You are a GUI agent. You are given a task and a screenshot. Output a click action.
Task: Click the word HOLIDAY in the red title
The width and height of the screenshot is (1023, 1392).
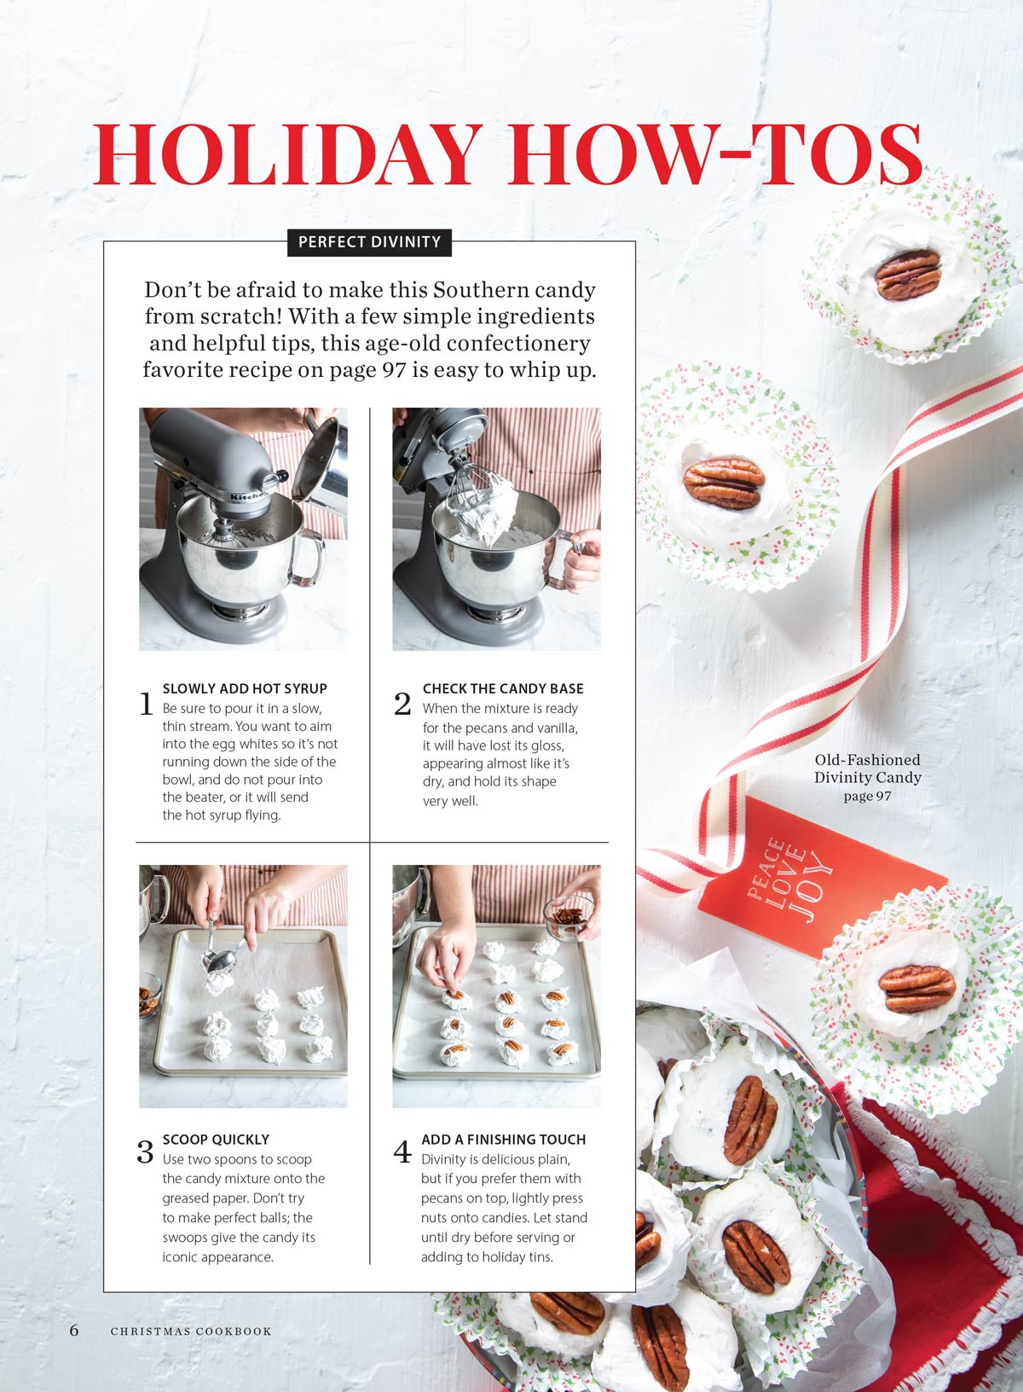pyautogui.click(x=287, y=154)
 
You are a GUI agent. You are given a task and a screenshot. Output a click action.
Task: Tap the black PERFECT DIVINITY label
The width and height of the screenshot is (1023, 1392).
pyautogui.click(x=369, y=242)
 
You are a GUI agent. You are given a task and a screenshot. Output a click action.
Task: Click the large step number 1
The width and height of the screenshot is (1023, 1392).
pyautogui.click(x=147, y=704)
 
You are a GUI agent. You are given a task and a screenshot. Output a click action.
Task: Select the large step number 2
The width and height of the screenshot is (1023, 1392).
pyautogui.click(x=402, y=704)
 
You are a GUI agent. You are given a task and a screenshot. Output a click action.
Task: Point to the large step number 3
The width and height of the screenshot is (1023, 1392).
pyautogui.click(x=145, y=1151)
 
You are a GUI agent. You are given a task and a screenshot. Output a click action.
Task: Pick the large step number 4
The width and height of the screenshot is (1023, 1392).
pyautogui.click(x=402, y=1151)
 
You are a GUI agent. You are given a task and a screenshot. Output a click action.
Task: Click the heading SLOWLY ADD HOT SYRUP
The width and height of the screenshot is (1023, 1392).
pyautogui.click(x=245, y=688)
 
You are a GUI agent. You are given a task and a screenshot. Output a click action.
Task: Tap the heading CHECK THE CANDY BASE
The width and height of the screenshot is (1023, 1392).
pyautogui.click(x=503, y=688)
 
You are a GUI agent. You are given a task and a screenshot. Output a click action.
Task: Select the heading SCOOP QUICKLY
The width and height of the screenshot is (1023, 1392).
pyautogui.click(x=217, y=1140)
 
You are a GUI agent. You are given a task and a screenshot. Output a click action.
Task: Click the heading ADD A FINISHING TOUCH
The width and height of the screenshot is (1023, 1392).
pyautogui.click(x=504, y=1140)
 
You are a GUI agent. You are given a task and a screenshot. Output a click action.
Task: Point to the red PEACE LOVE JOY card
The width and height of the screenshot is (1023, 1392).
pyautogui.click(x=823, y=878)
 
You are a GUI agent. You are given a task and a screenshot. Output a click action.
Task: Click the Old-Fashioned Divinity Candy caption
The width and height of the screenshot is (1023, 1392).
pyautogui.click(x=868, y=777)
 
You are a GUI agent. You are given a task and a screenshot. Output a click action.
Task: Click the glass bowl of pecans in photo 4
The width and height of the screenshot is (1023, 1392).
pyautogui.click(x=569, y=917)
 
